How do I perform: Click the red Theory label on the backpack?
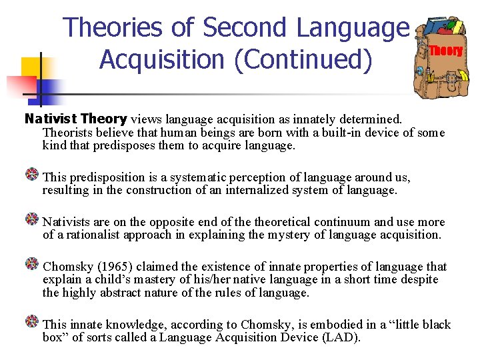[x=445, y=51]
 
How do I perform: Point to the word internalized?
[x=258, y=190]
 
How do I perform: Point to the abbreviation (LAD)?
[x=341, y=337]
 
